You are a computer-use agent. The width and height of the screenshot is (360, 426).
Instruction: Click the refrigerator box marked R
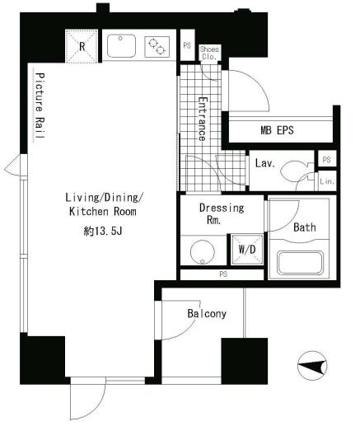(82, 46)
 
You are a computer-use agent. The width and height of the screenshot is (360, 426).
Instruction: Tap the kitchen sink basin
(121, 45)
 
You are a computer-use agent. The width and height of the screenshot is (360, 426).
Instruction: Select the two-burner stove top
(157, 47)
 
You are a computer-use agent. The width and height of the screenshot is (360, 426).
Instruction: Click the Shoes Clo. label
(209, 53)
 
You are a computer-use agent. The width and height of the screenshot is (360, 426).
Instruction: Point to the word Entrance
(203, 119)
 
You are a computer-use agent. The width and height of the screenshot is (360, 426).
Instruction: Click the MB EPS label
(277, 130)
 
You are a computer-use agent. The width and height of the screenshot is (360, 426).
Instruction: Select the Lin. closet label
(327, 181)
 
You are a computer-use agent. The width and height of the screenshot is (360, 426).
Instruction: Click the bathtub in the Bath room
(300, 263)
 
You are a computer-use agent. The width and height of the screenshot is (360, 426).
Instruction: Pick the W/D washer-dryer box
(247, 250)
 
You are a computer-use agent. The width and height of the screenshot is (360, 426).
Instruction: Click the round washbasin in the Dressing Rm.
(203, 252)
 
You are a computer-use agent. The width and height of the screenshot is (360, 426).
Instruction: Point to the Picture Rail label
(40, 105)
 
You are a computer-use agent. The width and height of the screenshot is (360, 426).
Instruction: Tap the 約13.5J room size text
(103, 232)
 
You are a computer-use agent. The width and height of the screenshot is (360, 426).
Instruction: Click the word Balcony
(207, 313)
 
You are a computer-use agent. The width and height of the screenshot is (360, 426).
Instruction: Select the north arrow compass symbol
(312, 366)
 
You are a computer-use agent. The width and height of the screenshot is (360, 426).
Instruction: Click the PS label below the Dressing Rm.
(223, 274)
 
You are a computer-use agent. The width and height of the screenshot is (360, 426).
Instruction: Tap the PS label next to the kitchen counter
(187, 45)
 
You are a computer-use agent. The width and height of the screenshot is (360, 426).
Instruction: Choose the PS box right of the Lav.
(327, 159)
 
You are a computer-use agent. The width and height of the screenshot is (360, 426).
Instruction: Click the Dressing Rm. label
(221, 213)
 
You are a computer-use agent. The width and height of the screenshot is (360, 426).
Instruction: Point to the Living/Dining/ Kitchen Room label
(103, 204)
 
